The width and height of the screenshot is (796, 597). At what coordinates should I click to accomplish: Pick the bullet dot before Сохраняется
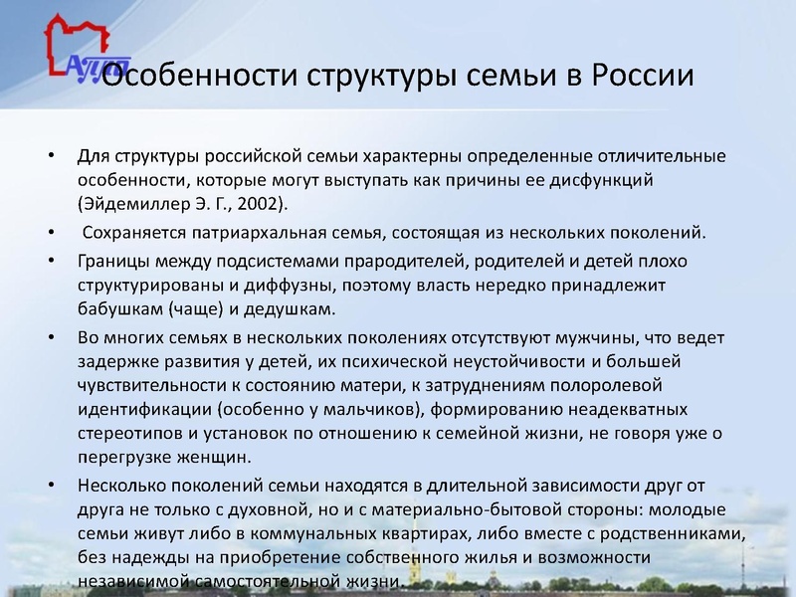(x=50, y=234)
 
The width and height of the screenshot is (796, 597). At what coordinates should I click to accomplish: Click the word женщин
(x=217, y=458)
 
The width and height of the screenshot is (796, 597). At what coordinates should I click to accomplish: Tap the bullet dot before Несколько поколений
(x=50, y=486)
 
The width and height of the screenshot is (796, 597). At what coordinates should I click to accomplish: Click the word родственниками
(x=672, y=533)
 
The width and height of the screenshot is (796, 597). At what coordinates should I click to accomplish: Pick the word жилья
(x=458, y=557)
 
